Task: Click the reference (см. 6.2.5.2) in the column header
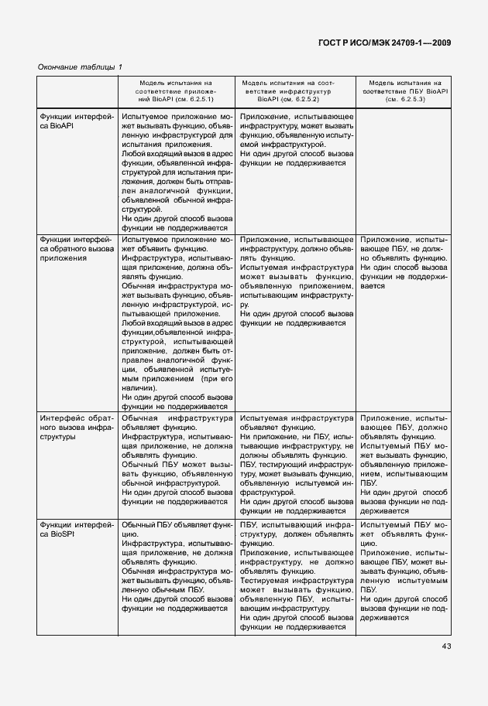pos(305,100)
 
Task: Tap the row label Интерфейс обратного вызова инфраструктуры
pos(76,426)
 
